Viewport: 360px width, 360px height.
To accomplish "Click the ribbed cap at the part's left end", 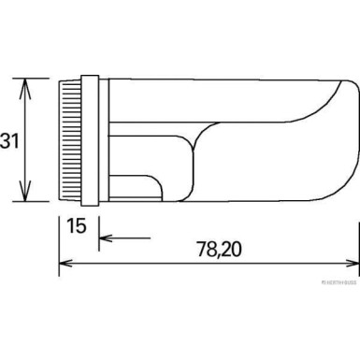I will pyautogui.click(x=70, y=140).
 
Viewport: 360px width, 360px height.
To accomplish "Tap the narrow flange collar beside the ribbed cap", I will pyautogui.click(x=91, y=140).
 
